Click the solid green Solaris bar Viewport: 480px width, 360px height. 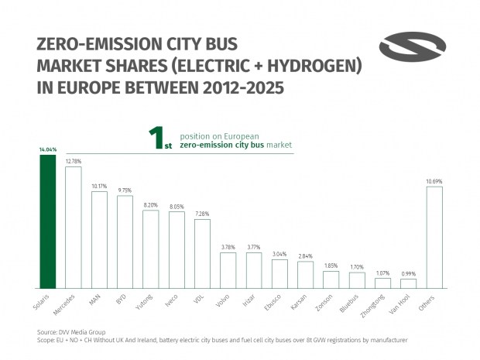coord(48,221)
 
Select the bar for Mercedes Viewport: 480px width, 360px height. coord(74,228)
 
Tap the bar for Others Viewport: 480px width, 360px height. coord(434,237)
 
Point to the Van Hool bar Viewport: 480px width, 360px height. coord(409,283)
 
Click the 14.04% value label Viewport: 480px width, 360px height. coord(48,150)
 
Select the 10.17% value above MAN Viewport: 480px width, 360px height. coord(99,186)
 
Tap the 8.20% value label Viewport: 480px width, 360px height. coord(150,205)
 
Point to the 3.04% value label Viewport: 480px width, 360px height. coord(279,255)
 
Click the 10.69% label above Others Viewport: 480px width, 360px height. coord(434,181)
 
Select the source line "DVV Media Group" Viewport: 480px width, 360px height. coord(70,331)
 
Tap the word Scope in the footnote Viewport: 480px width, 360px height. coord(46,340)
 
